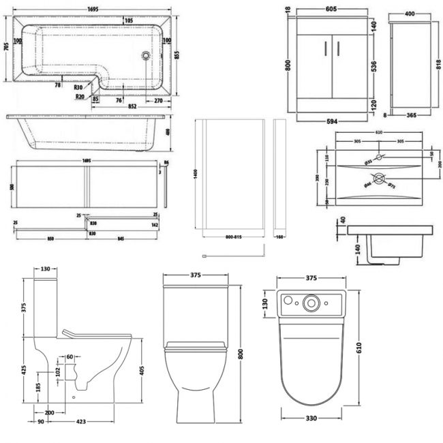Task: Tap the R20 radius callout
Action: point(80,97)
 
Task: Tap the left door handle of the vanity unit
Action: point(326,48)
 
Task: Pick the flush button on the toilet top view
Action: point(314,301)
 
